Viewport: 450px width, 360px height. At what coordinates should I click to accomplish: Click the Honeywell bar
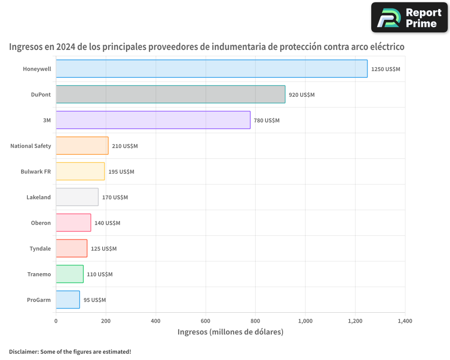click(x=211, y=69)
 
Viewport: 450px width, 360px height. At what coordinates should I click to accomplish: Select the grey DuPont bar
click(x=171, y=94)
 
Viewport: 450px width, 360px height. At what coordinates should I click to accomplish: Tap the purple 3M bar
click(x=153, y=120)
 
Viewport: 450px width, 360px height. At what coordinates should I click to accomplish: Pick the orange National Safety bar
click(x=82, y=146)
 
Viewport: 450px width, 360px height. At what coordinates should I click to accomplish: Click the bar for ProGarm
click(x=68, y=300)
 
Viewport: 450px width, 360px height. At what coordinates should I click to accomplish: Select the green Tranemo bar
click(x=70, y=274)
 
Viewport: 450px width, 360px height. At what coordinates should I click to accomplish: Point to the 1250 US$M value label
click(x=385, y=69)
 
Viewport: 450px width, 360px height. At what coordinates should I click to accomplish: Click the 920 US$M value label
click(x=301, y=95)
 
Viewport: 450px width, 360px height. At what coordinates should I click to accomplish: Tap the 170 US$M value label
click(x=115, y=198)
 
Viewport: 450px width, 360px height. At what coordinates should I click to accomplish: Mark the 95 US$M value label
click(x=94, y=300)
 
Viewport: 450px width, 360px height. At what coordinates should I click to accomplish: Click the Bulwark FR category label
click(x=36, y=172)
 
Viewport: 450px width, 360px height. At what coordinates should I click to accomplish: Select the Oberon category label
click(x=40, y=223)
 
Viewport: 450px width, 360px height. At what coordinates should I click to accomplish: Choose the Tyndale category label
click(x=40, y=249)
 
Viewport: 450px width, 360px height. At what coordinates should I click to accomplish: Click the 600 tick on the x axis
click(x=206, y=321)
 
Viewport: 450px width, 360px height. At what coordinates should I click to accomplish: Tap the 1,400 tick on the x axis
click(x=405, y=321)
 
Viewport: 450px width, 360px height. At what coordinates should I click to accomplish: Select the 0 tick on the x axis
click(x=56, y=321)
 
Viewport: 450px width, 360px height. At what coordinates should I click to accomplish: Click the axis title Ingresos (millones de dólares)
click(x=230, y=332)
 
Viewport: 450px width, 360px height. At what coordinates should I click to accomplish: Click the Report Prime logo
click(x=409, y=18)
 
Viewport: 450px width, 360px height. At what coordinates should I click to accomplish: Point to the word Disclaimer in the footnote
click(x=23, y=352)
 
